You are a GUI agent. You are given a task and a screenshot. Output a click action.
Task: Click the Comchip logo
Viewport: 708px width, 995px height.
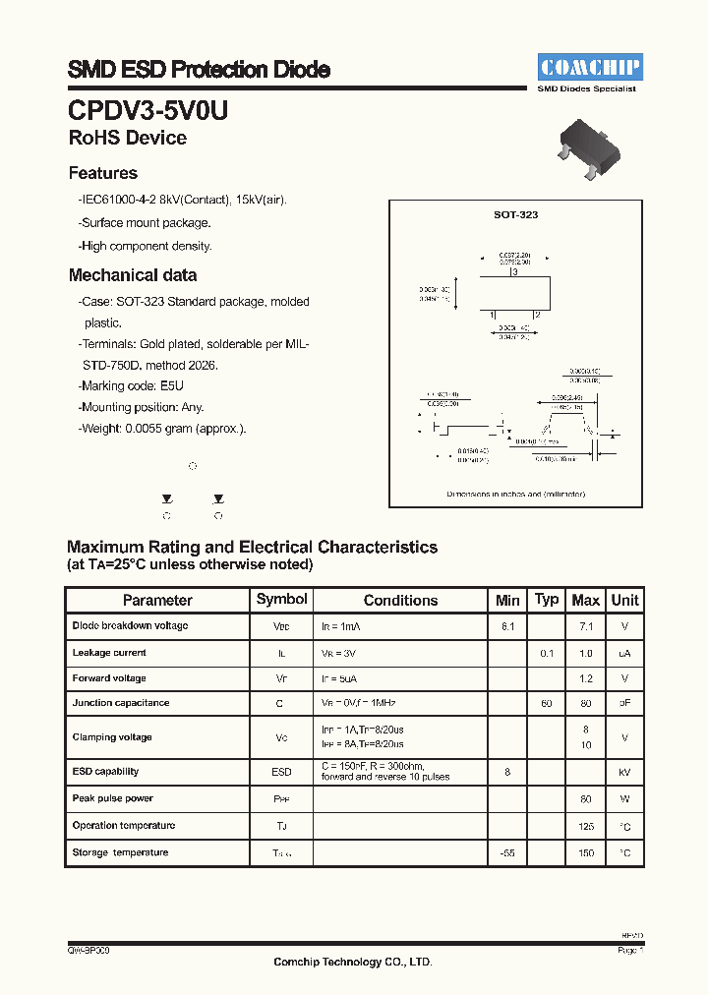tap(589, 67)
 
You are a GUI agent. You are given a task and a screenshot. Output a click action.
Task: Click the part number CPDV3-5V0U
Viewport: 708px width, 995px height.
tap(147, 110)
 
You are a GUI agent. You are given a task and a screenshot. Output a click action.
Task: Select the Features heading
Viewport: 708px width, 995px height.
tap(102, 173)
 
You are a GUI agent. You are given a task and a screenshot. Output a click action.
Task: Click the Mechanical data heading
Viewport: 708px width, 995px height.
tap(133, 275)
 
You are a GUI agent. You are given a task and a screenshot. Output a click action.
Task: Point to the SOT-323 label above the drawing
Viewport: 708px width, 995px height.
tap(515, 214)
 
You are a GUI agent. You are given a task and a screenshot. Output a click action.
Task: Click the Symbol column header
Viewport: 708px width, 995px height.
tap(281, 599)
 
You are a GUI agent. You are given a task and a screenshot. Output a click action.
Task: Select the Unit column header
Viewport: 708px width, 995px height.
tap(624, 600)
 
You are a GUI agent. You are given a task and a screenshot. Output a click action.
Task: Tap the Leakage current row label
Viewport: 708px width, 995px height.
tap(109, 652)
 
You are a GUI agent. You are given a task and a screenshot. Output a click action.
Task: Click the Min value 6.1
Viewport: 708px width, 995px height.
tap(507, 626)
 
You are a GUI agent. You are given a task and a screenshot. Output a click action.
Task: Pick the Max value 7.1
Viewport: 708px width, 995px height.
tap(586, 626)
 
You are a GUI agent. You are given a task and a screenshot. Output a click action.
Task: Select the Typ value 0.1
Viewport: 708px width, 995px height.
tap(547, 652)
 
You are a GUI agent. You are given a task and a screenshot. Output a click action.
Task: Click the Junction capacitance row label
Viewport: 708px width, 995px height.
tap(120, 703)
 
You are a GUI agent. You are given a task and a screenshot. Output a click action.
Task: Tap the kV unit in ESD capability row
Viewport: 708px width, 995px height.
tap(624, 773)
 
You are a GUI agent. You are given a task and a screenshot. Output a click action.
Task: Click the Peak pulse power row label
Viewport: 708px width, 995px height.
tap(112, 798)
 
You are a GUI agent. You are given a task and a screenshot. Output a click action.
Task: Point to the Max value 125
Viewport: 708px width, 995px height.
tap(586, 826)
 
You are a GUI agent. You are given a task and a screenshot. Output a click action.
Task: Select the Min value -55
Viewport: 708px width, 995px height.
tap(507, 853)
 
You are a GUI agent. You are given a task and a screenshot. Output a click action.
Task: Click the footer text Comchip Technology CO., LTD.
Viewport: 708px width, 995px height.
tap(352, 962)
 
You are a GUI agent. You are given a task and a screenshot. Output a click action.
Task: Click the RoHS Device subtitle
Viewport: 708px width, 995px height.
tap(127, 139)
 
